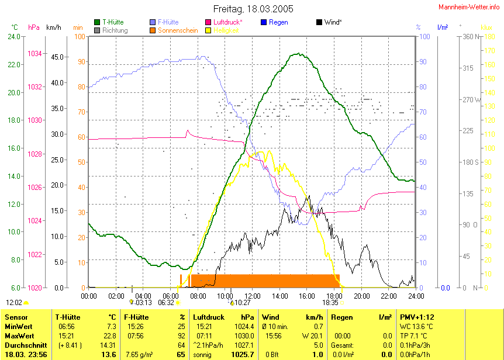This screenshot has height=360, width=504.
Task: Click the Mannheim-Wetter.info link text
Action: [x=470, y=6]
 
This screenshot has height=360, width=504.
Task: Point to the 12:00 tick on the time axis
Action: [x=252, y=296]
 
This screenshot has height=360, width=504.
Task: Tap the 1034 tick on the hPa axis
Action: [x=35, y=54]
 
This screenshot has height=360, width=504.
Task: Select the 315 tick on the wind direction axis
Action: [x=468, y=68]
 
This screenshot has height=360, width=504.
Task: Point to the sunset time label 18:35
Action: [x=330, y=303]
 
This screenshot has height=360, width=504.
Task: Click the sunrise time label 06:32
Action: [x=167, y=303]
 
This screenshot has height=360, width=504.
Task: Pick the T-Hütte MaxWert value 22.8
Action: [x=110, y=335]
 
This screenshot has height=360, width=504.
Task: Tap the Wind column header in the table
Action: [x=270, y=317]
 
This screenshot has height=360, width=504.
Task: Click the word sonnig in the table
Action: [x=203, y=354]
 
